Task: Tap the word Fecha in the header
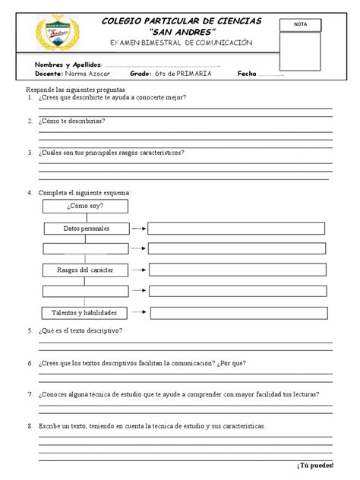(248, 74)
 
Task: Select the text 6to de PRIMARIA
(182, 74)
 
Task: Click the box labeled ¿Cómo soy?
(85, 207)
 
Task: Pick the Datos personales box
(86, 228)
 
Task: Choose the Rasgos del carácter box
(85, 270)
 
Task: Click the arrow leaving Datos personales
(137, 228)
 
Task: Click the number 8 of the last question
(29, 426)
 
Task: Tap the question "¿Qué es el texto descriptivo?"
(81, 331)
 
